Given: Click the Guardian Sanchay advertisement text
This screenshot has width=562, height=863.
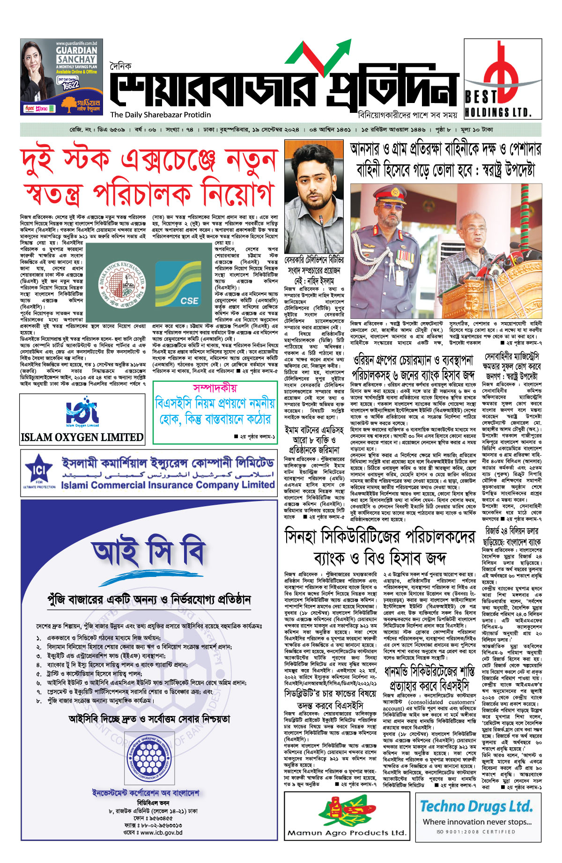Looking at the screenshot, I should pos(77,55).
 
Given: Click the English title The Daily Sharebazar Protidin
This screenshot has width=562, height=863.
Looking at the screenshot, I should pos(161,115).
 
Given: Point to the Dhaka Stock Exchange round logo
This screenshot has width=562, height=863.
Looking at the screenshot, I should pos(115,288).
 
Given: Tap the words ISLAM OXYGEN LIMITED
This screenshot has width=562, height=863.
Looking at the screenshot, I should pos(82,437).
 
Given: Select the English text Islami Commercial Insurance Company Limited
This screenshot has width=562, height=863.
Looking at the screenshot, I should pos(168,485).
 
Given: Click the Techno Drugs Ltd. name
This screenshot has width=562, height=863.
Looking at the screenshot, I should pos(476,806).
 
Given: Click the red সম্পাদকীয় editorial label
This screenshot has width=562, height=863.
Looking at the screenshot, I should pos(215,388).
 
